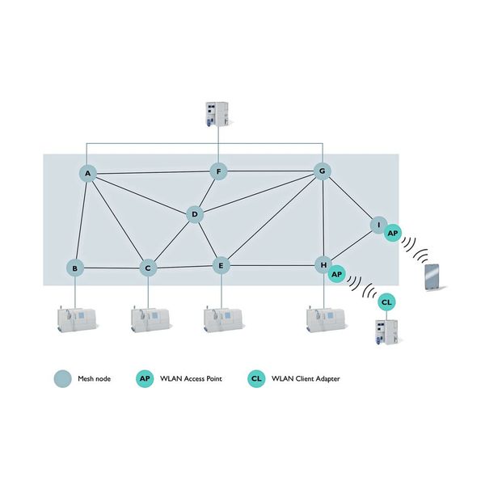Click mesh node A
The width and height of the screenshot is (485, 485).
point(87,174)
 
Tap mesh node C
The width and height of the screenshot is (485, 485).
point(147,268)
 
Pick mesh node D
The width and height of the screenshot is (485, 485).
point(194,214)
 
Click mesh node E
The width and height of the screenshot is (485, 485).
point(221,264)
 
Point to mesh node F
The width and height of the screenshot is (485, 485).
point(218,171)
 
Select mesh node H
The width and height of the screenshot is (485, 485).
point(323,264)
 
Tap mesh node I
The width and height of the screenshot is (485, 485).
point(377,224)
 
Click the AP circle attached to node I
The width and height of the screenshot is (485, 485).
point(393,233)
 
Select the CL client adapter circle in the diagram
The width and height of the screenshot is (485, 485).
point(387,302)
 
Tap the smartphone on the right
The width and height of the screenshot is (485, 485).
point(435,277)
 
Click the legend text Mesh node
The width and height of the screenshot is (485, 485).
point(94,377)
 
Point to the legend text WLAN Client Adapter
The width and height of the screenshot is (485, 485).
point(306,377)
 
